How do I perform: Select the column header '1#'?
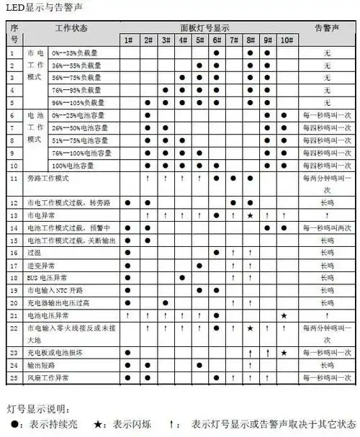pos(127,40)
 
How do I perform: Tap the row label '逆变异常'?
pos(40,266)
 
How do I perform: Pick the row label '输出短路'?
pos(40,365)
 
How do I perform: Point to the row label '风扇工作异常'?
pos(48,378)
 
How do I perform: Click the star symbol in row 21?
pos(284,315)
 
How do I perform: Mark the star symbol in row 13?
pos(250,215)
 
